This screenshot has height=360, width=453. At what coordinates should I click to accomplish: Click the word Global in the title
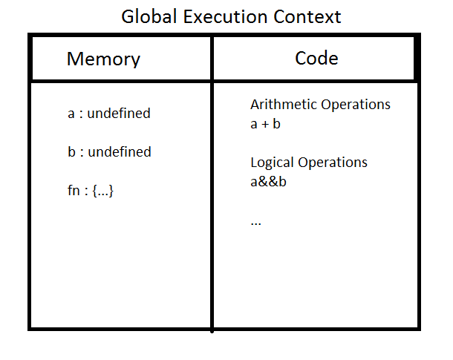point(149,16)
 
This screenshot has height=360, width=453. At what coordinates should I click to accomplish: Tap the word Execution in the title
point(225,16)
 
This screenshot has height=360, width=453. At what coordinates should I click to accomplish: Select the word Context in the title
point(307,16)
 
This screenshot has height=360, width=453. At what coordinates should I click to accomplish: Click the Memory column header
point(103,59)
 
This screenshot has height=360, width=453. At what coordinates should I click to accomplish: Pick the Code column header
point(316,58)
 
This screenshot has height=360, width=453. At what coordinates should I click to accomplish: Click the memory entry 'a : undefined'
point(109,113)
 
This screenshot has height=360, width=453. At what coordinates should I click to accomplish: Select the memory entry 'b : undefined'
point(109,151)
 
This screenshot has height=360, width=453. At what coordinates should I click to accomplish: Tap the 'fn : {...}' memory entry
point(91,191)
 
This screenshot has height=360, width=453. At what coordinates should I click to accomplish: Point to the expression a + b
point(265,124)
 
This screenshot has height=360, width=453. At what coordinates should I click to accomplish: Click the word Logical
point(272,163)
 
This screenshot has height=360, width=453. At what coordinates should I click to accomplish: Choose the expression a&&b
point(268,182)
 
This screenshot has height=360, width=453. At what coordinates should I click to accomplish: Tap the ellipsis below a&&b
point(255,223)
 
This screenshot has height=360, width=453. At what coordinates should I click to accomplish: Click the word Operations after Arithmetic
point(356,105)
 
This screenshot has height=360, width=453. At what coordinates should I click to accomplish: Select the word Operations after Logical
point(333,163)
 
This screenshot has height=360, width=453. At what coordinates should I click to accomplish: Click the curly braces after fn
point(102,191)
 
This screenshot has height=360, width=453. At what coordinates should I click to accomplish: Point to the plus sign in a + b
point(265,125)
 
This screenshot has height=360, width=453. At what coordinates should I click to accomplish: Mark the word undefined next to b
point(120,151)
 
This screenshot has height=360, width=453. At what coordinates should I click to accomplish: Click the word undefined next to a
point(119,113)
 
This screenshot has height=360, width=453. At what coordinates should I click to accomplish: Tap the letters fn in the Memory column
point(74,190)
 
